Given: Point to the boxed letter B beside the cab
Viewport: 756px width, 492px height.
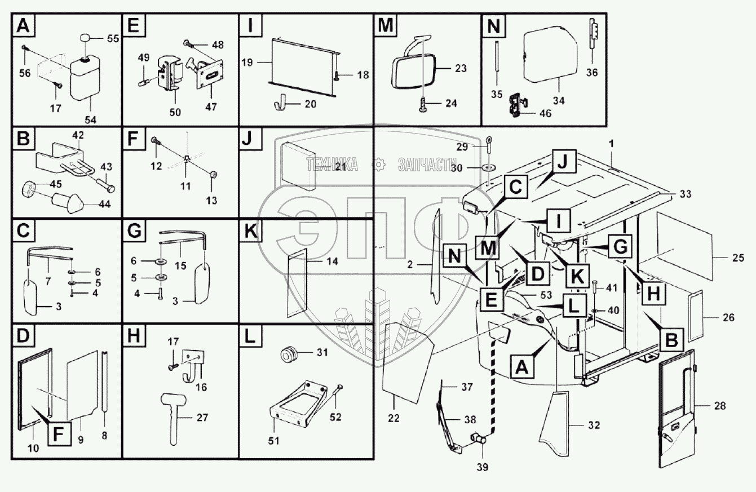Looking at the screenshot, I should [x=671, y=339].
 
